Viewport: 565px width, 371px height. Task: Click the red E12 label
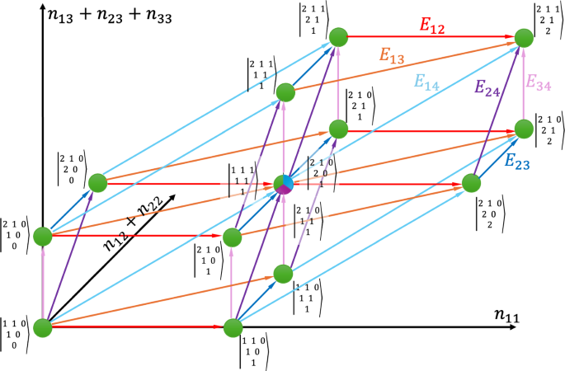tap(431, 26)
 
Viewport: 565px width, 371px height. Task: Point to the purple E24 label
tap(487, 87)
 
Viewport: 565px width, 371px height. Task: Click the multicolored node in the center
tap(283, 184)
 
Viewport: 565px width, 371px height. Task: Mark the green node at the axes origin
tap(41, 327)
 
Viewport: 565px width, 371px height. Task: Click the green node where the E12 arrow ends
tap(523, 37)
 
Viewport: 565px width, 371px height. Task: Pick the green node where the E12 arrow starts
tap(337, 37)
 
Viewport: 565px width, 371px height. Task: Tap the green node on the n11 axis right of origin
tap(233, 327)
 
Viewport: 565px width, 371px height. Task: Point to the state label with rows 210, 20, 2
tap(493, 213)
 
